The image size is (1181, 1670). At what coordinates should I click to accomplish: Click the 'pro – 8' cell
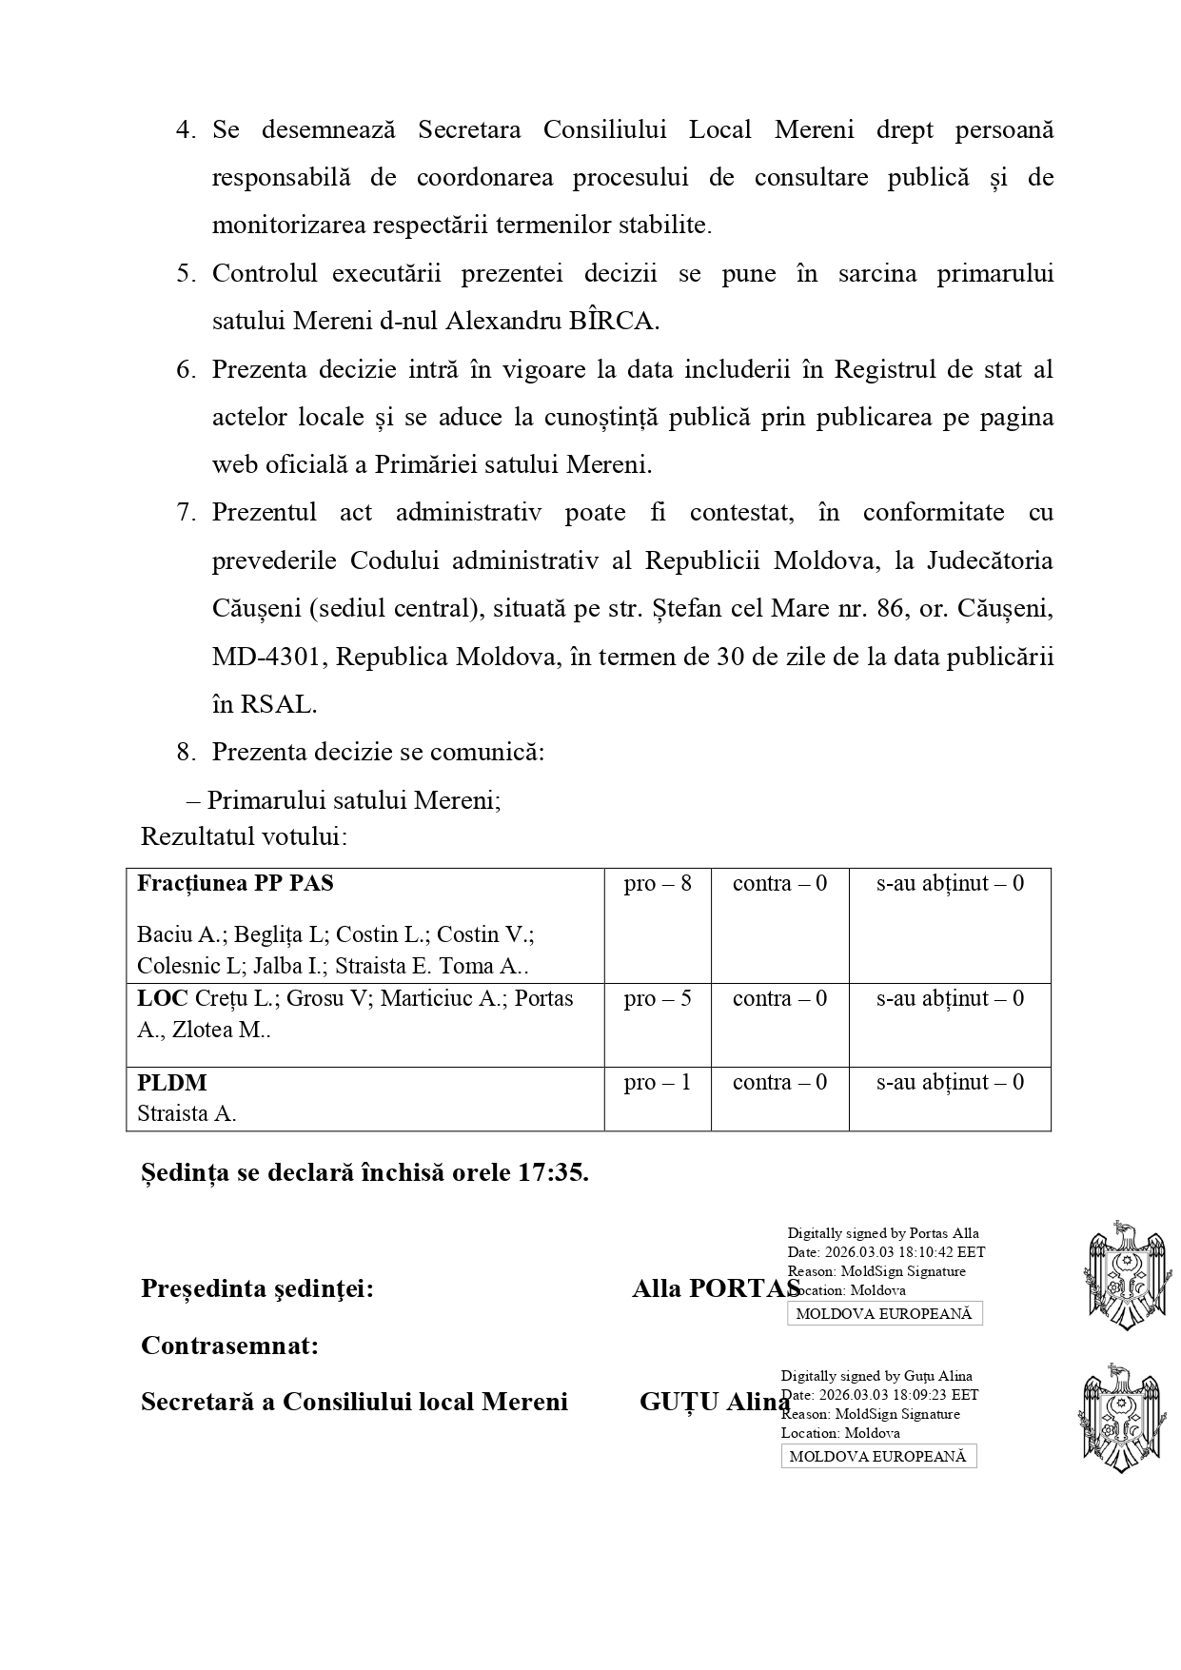658,884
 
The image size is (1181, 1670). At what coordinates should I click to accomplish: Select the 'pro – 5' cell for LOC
658,999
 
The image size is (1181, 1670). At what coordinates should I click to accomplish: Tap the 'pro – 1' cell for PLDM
658,1083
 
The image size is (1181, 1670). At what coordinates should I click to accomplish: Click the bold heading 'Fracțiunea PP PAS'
235,884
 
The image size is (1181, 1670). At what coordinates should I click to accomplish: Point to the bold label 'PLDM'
172,1083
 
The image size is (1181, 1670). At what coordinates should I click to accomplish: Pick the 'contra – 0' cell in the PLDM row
779,1083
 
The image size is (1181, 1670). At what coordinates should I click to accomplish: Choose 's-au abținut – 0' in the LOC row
950,999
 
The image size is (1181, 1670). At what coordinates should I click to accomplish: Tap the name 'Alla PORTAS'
716,1289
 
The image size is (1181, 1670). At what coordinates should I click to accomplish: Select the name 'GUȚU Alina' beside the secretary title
714,1402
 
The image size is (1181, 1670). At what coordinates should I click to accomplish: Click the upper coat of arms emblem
1128,1275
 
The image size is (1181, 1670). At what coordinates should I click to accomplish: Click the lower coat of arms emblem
1120,1418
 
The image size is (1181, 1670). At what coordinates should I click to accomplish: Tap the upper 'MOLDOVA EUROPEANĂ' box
884,1314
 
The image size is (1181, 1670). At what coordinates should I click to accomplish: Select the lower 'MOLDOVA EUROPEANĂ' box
878,1457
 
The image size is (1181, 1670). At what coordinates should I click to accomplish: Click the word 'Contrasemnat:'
229,1346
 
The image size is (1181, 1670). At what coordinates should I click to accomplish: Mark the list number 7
185,513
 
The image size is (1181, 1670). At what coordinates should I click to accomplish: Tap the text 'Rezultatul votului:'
244,837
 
